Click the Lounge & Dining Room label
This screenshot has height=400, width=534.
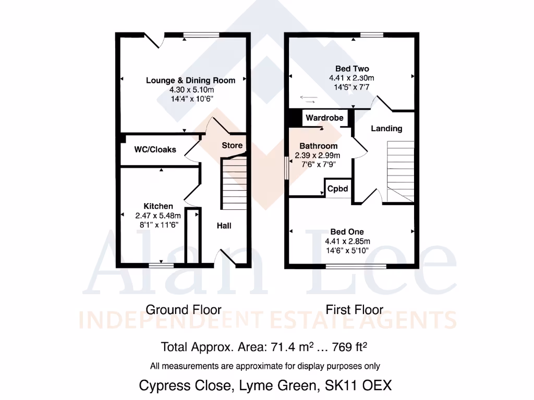coord(190,80)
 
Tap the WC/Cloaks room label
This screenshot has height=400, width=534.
coord(155,149)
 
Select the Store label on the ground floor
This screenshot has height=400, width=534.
coord(232,145)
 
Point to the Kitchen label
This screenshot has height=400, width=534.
coord(159,206)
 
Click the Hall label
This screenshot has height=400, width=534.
coord(224,226)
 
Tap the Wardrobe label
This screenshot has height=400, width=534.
coord(324,118)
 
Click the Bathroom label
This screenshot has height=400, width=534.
coord(318,146)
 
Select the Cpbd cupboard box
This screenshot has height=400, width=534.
coord(337,189)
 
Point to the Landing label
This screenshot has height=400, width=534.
coord(386,128)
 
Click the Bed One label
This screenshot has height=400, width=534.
coord(347,232)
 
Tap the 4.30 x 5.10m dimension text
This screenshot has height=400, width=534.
coord(190,89)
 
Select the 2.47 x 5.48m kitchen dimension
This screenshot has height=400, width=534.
coord(159,216)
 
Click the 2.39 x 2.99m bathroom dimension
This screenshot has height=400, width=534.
coord(317,155)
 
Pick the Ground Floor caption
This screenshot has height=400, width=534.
coord(184,310)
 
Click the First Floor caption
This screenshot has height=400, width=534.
coord(355,310)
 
